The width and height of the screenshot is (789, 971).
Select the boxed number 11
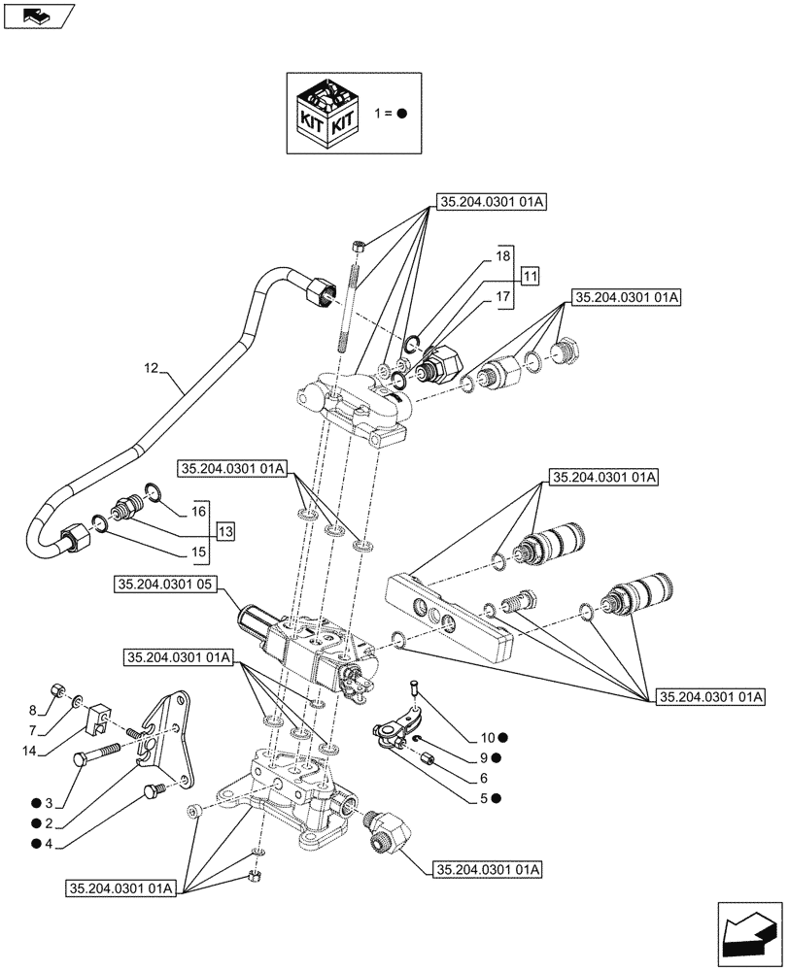click(x=529, y=277)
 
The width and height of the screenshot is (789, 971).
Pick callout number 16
click(x=198, y=510)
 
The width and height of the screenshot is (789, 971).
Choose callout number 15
click(x=198, y=552)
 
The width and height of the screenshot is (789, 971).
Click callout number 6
click(x=484, y=778)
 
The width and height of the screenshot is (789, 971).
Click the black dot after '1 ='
click(x=401, y=113)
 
